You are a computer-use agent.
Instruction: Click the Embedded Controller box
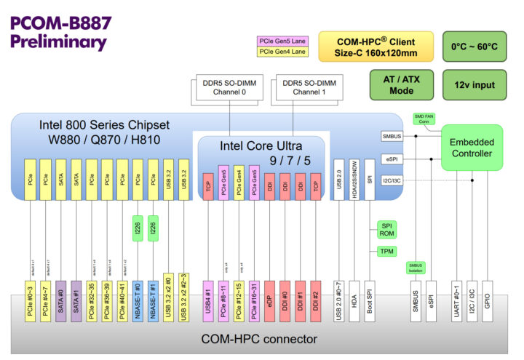472,148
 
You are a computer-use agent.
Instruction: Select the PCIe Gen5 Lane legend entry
282,41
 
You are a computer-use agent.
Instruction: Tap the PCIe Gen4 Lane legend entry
282,52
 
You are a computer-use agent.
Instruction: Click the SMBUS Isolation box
416,268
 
